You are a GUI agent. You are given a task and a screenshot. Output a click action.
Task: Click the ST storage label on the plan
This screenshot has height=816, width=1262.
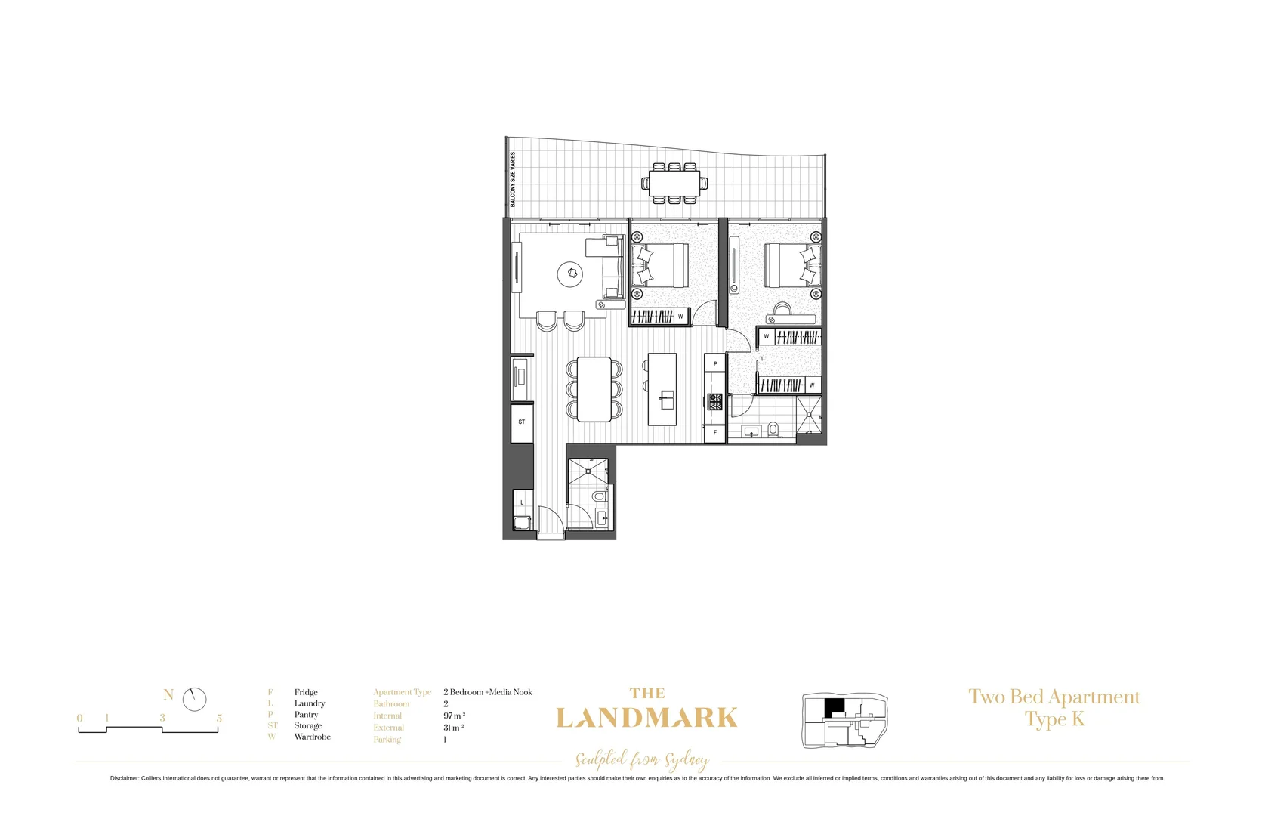coord(521,422)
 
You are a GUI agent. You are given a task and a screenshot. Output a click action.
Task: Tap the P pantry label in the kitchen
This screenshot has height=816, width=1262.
coord(714,363)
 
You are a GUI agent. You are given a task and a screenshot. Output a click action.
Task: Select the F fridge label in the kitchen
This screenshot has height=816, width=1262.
coord(714,433)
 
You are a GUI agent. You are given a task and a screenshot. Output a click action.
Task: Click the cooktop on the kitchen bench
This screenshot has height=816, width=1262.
coord(714,401)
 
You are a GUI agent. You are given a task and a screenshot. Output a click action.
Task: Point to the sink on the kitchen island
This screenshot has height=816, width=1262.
coord(667,400)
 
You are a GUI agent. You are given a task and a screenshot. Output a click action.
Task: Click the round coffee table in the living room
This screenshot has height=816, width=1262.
coord(570,274)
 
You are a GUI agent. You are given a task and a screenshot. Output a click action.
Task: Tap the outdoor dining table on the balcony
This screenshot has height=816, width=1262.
coord(675,183)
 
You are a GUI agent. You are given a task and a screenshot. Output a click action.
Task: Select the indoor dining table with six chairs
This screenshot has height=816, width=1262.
coord(594,389)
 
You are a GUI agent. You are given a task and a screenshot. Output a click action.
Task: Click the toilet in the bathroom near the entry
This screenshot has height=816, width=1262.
coord(599,496)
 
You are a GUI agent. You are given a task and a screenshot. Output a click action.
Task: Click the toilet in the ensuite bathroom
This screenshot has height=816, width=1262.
coord(773,430)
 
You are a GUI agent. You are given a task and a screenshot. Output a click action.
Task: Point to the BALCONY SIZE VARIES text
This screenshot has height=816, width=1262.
coord(513,179)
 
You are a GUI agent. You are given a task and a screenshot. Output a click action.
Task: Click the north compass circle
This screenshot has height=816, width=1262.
coord(194,699)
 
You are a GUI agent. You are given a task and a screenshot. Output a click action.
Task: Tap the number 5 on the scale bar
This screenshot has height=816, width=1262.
coord(219,718)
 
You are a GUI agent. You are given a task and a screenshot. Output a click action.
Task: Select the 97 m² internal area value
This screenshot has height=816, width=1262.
coord(454,716)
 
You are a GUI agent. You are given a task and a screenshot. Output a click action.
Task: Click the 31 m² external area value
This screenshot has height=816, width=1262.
coord(453,728)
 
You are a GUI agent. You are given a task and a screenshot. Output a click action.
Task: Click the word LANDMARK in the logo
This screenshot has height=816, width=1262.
coord(646,718)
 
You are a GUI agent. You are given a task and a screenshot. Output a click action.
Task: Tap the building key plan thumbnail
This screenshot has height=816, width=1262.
coord(844,721)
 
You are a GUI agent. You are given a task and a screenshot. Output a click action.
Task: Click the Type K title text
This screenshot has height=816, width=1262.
coord(1054,719)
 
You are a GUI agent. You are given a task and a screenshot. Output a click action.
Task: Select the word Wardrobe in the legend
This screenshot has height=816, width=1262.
coord(312,737)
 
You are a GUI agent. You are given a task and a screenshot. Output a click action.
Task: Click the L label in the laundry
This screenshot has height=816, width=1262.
coord(521,502)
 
